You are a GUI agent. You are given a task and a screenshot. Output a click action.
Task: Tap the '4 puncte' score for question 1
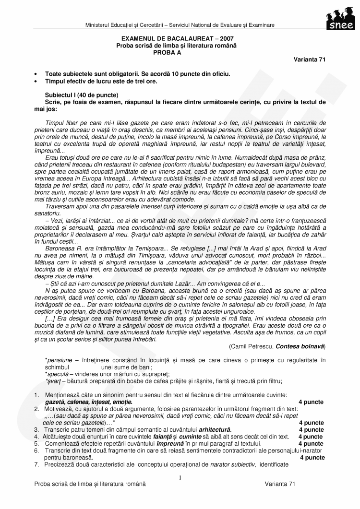(x=311, y=402)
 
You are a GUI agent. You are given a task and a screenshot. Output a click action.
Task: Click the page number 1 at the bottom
(x=180, y=477)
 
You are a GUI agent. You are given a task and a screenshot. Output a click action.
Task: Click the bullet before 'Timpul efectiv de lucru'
(x=36, y=82)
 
